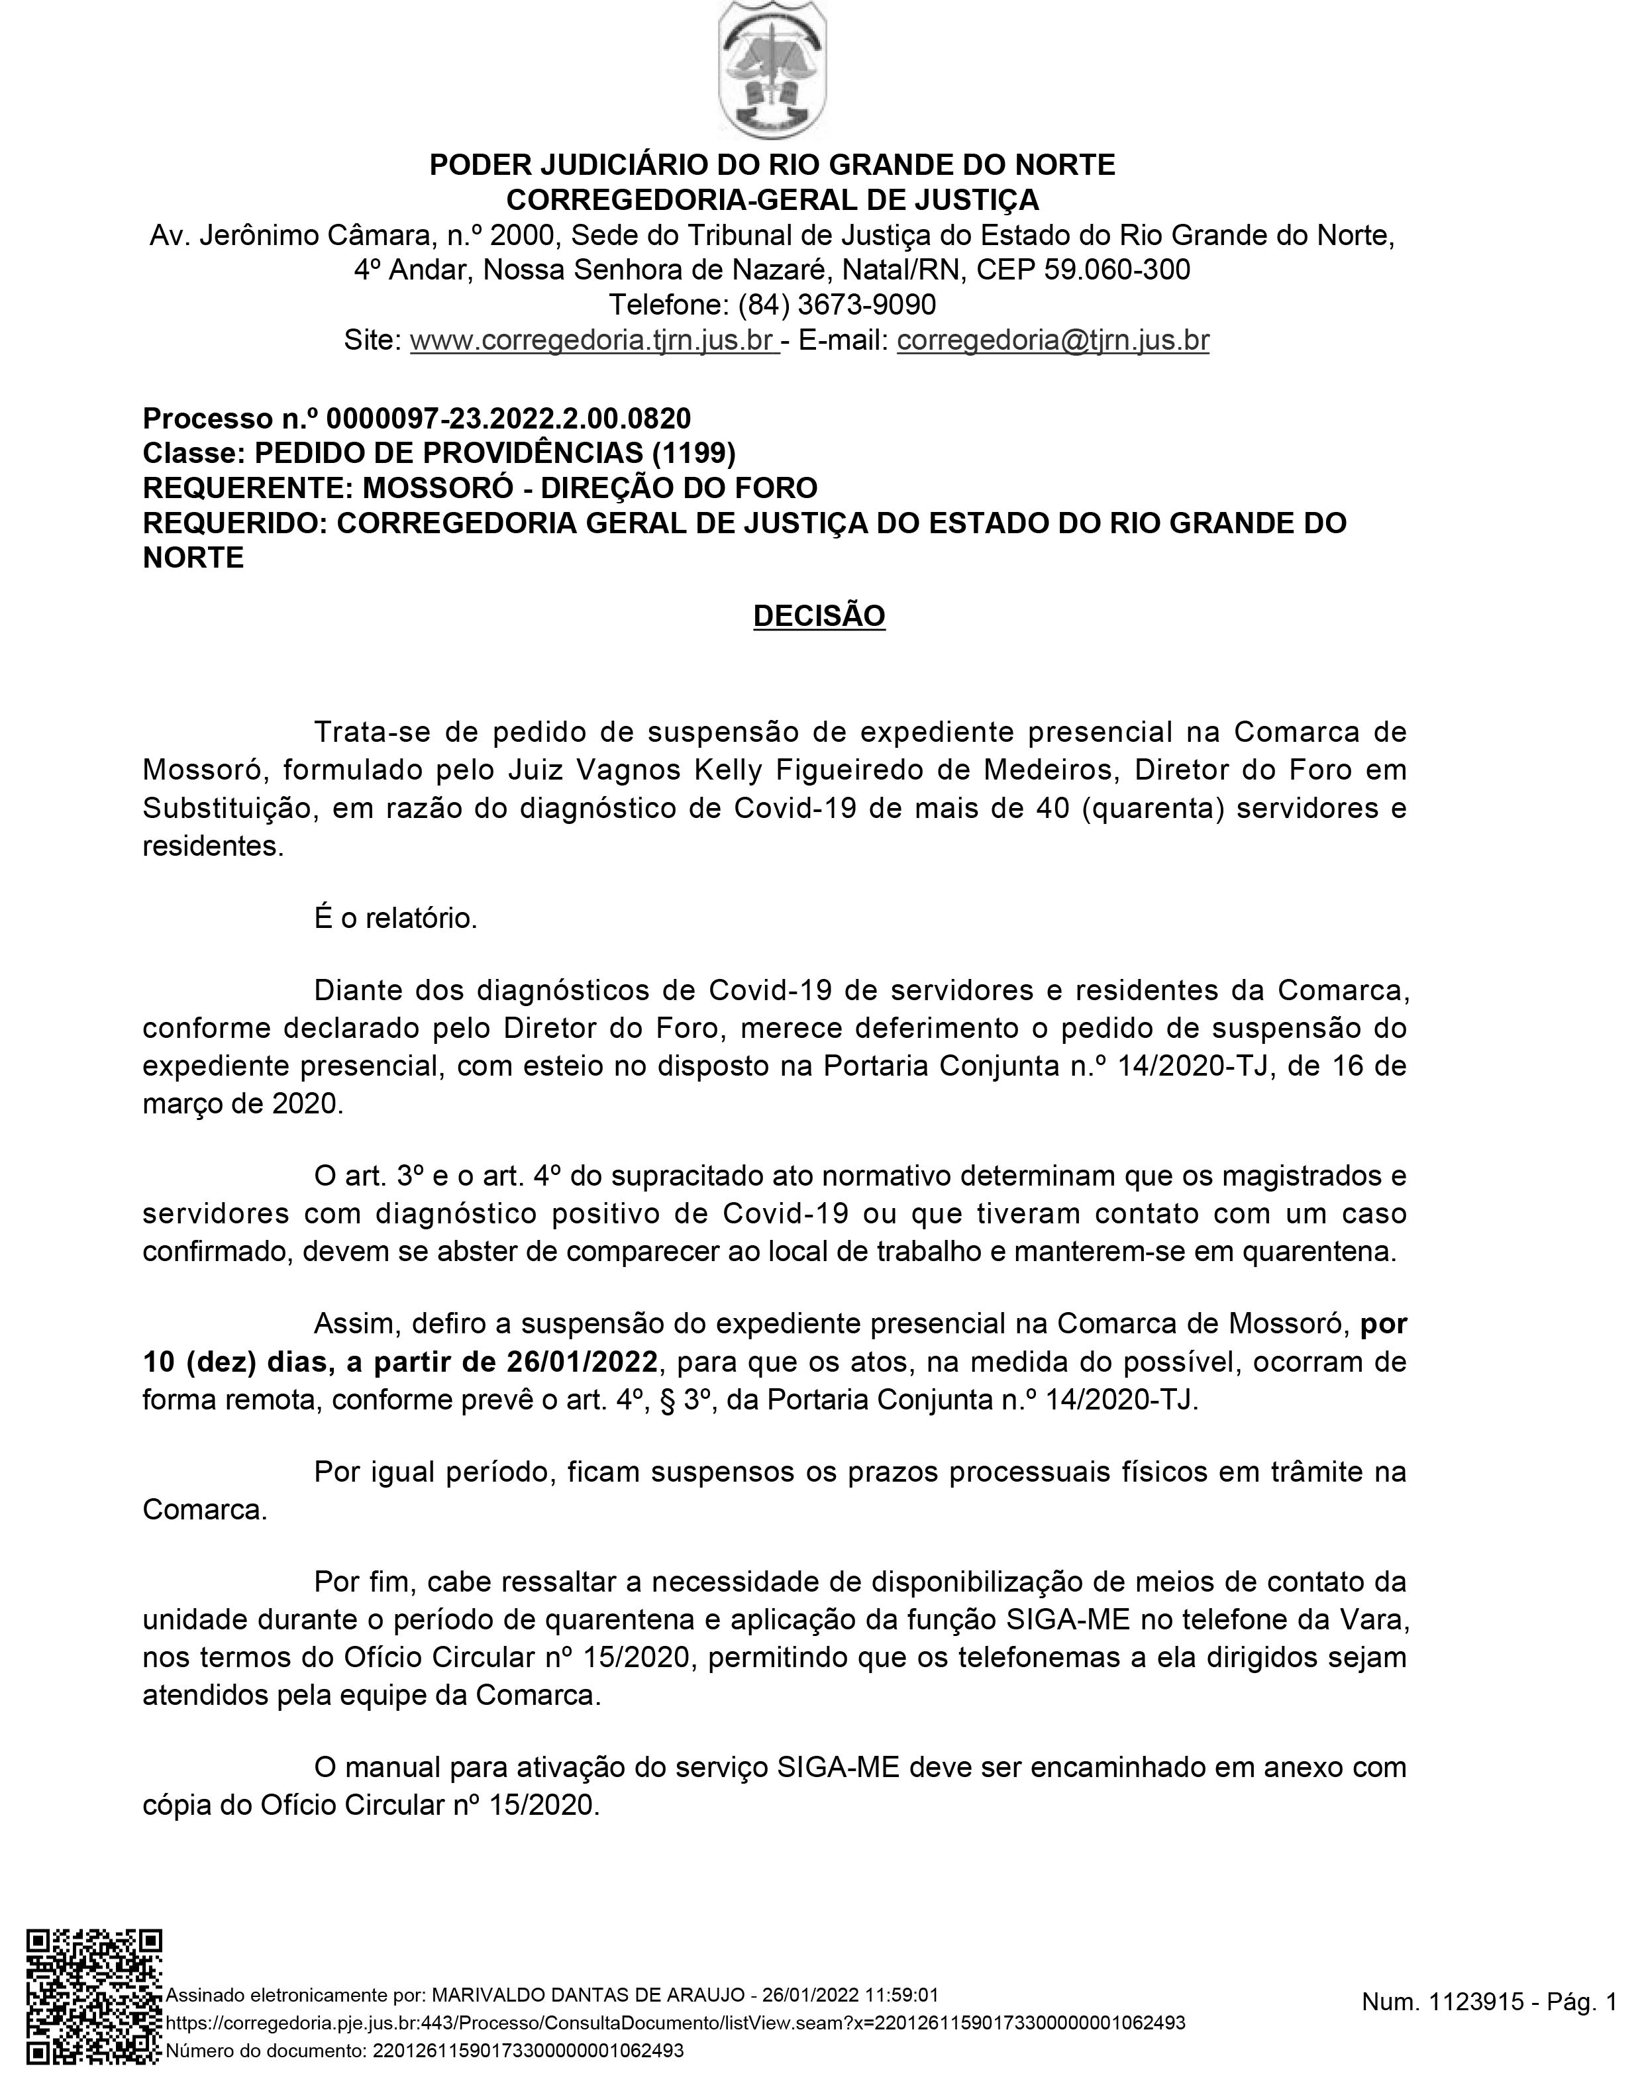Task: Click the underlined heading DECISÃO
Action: coord(819,616)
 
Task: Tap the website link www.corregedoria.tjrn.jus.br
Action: coord(593,340)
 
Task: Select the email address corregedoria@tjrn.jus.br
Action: coord(1052,340)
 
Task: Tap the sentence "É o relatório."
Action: coord(396,918)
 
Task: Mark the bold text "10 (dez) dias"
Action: coord(234,1362)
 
